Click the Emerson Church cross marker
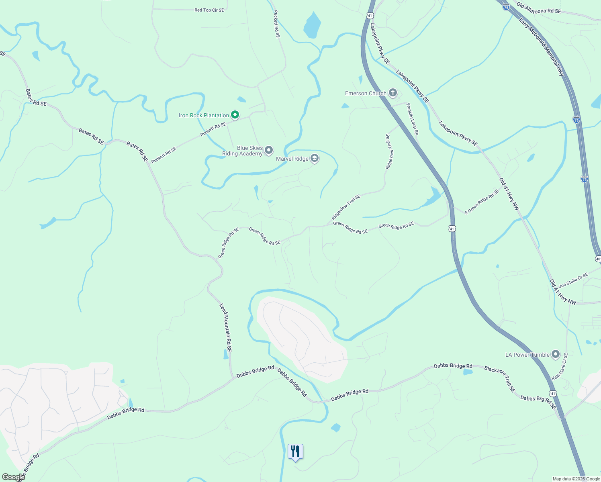(x=392, y=93)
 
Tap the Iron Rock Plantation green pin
(x=235, y=115)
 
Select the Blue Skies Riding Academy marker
(x=269, y=150)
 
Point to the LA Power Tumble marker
(x=556, y=354)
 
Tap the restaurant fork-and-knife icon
(x=295, y=451)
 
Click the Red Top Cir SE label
(x=209, y=10)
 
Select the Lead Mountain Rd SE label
(x=225, y=328)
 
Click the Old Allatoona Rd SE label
(x=538, y=8)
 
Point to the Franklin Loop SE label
(x=412, y=119)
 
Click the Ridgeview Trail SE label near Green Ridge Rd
(x=346, y=207)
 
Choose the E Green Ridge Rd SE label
(x=482, y=202)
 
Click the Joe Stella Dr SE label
(x=573, y=280)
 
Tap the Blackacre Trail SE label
(x=500, y=379)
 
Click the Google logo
(x=13, y=477)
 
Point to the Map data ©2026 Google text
(x=576, y=479)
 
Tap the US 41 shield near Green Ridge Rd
(x=452, y=229)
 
